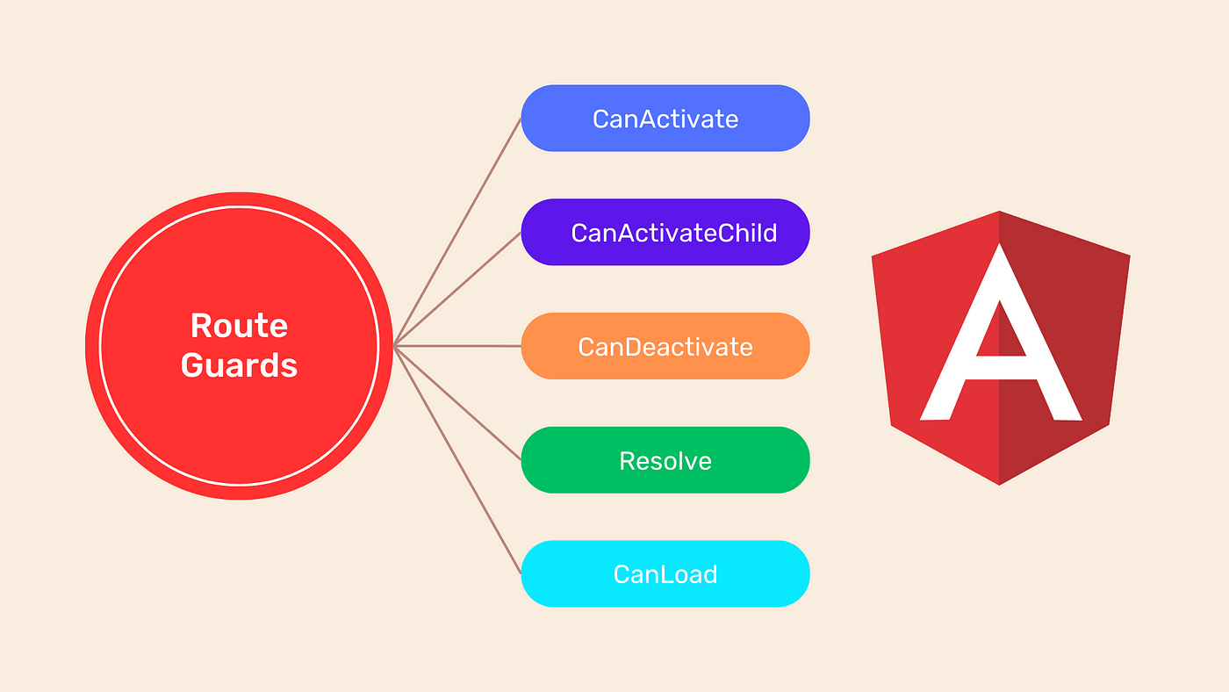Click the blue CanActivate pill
click(x=665, y=119)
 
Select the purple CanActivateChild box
click(x=665, y=233)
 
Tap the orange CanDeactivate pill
click(x=665, y=346)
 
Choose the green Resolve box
click(x=665, y=460)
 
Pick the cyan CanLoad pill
click(x=665, y=574)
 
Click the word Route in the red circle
click(x=239, y=326)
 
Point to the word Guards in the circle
click(x=239, y=365)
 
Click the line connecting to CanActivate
click(x=458, y=232)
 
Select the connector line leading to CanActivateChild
click(x=458, y=289)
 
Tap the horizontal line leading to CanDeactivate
click(x=458, y=346)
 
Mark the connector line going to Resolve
click(x=458, y=403)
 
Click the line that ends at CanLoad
click(x=458, y=460)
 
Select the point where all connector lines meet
click(x=395, y=346)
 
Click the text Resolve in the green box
click(x=665, y=460)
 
